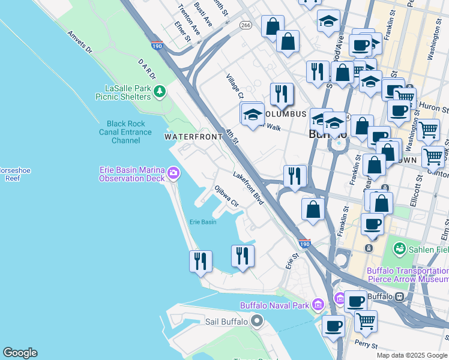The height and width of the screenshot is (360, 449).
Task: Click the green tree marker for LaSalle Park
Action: pyautogui.click(x=159, y=91)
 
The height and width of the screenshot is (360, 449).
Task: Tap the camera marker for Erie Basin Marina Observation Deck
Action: pyautogui.click(x=173, y=173)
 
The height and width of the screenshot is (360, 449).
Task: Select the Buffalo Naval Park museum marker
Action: pyautogui.click(x=340, y=299)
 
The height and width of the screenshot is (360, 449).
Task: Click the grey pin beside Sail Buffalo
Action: pyautogui.click(x=258, y=321)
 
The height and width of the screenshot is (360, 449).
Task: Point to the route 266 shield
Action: pyautogui.click(x=245, y=25)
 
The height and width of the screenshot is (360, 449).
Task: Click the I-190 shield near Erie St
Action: pyautogui.click(x=304, y=244)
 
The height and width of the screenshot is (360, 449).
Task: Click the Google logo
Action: pyautogui.click(x=20, y=353)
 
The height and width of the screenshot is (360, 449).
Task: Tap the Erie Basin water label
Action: pyautogui.click(x=203, y=222)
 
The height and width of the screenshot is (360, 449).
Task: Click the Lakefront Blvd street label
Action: pyautogui.click(x=249, y=188)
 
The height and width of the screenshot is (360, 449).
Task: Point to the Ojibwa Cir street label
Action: pyautogui.click(x=227, y=196)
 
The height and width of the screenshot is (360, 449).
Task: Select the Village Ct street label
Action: pyautogui.click(x=235, y=87)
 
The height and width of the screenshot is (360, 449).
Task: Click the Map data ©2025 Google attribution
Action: pyautogui.click(x=412, y=355)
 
